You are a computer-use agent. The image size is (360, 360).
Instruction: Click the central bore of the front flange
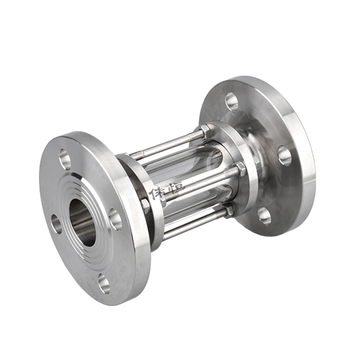(82, 221)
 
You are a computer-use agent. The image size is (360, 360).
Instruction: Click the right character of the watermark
(175, 189)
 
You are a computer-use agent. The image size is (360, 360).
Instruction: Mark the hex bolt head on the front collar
(145, 207)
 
